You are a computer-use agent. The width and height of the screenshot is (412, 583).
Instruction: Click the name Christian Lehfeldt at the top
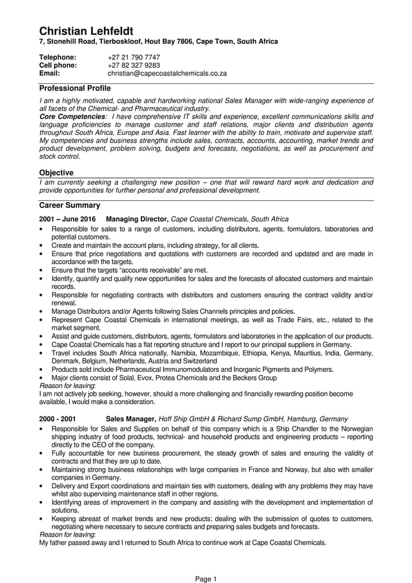[x=86, y=31]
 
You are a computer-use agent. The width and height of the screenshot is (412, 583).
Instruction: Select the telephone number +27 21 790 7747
[x=134, y=57]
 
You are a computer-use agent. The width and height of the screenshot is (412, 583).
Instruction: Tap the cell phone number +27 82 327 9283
[x=134, y=65]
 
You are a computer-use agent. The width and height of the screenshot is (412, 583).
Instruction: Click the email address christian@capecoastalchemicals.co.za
[x=167, y=74]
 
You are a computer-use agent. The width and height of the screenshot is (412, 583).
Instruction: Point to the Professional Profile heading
[x=75, y=88]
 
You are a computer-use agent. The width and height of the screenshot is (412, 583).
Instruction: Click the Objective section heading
[x=56, y=173]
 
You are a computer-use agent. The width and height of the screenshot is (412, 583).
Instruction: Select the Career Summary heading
[x=69, y=205]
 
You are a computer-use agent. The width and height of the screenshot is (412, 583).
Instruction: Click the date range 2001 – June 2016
[x=68, y=220]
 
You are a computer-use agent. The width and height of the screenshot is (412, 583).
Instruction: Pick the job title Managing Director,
[x=137, y=220]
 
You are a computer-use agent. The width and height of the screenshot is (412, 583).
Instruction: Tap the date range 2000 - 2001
[x=57, y=418]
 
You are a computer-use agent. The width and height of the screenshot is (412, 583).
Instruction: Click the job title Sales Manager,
[x=130, y=418]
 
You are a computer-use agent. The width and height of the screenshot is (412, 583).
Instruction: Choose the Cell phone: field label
[x=58, y=65]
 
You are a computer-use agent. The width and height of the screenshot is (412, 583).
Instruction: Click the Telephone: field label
[x=57, y=57]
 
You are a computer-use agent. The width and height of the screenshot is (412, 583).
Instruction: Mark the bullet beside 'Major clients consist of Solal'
[x=41, y=378]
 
